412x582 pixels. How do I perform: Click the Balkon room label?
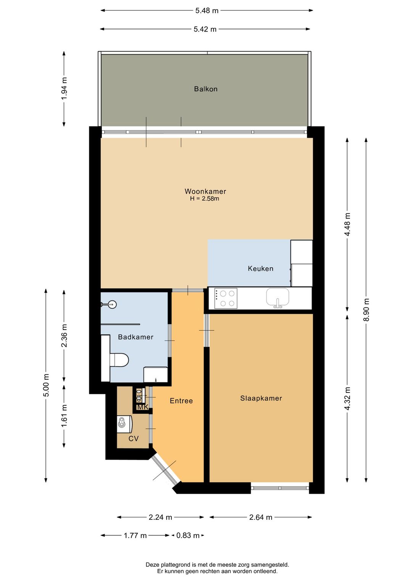[206, 89]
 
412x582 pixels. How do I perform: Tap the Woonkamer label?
[205, 191]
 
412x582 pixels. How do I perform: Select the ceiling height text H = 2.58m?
[204, 199]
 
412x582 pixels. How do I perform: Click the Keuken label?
[261, 268]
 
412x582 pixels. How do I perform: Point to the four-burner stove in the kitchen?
[225, 298]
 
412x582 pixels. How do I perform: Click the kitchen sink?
[278, 297]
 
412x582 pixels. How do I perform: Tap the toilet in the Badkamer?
[119, 360]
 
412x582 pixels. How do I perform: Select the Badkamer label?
[136, 337]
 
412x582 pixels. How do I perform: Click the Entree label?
[181, 400]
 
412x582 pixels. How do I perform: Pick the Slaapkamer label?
[261, 398]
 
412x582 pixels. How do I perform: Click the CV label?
[134, 439]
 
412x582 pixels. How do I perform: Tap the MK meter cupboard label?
[143, 407]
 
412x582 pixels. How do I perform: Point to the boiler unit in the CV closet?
[124, 424]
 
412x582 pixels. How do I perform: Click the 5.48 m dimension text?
[207, 11]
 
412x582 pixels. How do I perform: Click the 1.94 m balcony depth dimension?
[64, 88]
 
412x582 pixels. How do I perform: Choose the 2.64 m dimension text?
[261, 517]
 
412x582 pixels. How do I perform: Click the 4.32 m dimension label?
[347, 399]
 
